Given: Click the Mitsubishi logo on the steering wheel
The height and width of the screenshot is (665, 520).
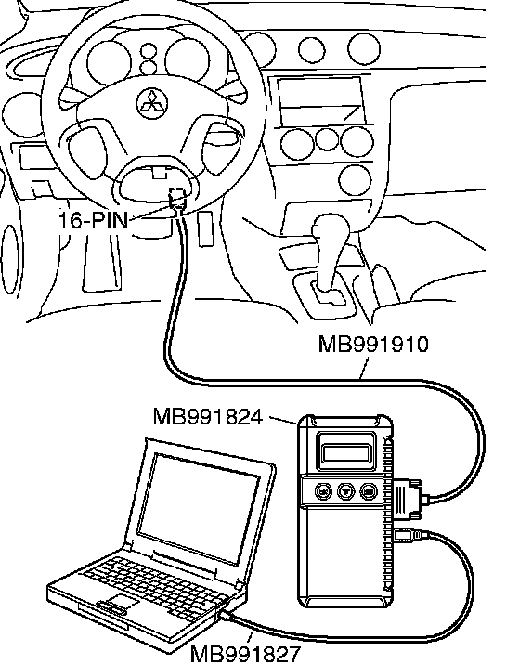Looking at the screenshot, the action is (152, 103).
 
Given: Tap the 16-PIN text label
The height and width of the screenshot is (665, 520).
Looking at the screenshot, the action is (93, 220).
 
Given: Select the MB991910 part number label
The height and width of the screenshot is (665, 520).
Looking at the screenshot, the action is (373, 344).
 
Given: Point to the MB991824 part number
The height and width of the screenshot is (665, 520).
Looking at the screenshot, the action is (208, 417).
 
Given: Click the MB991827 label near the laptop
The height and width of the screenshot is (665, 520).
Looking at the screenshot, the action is (246, 655).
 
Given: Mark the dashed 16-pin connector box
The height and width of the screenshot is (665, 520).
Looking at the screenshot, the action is (177, 197).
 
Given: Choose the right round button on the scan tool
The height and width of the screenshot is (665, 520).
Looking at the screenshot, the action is (369, 491).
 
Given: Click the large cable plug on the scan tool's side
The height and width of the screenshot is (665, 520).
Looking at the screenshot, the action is (408, 498).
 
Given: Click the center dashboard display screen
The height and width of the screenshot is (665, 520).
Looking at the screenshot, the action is (321, 100).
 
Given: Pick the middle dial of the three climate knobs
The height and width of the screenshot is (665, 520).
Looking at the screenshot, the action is (327, 138).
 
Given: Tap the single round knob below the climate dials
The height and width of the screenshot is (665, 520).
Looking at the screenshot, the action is (356, 179).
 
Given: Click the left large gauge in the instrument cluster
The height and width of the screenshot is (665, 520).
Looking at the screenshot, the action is (109, 63).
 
